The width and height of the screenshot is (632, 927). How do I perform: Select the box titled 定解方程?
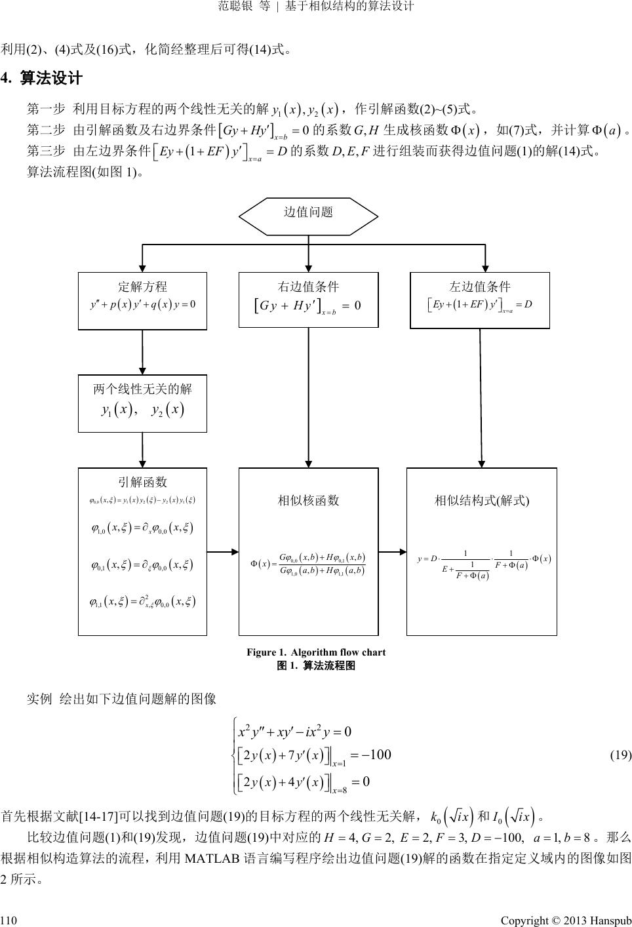[x=142, y=300]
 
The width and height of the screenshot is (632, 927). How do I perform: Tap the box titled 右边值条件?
[x=308, y=300]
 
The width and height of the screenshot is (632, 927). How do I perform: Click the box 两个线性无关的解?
[x=142, y=403]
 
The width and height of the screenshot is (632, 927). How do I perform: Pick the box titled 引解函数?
[x=142, y=551]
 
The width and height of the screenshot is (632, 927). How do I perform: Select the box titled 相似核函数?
[x=308, y=551]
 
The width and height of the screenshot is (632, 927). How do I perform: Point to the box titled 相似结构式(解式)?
[x=481, y=551]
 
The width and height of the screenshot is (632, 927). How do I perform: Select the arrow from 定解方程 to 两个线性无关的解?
[x=143, y=351]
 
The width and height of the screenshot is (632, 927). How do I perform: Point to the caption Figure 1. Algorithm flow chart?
[x=315, y=652]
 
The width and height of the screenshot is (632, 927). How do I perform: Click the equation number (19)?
[x=620, y=755]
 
